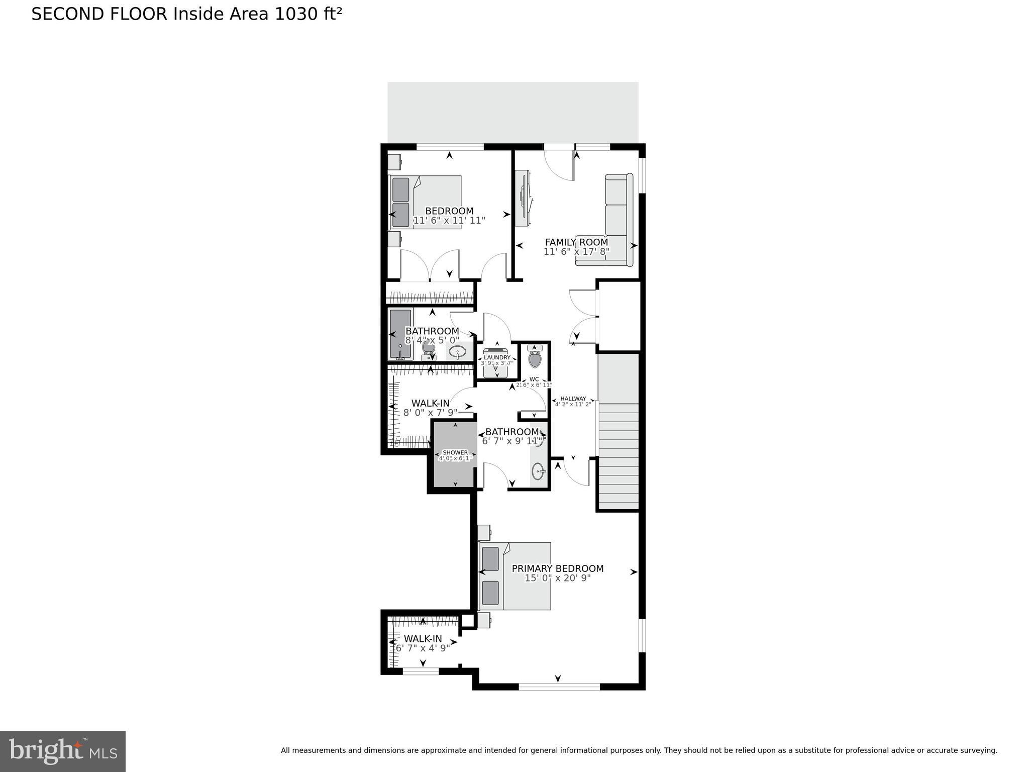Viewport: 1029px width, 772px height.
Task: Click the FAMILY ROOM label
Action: pyautogui.click(x=576, y=242)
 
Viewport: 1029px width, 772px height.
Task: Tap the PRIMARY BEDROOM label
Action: pyautogui.click(x=557, y=568)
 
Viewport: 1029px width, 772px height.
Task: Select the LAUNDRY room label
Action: pyautogui.click(x=497, y=357)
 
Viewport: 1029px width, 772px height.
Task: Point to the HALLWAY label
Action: pyautogui.click(x=573, y=399)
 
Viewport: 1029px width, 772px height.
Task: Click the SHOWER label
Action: pyautogui.click(x=455, y=452)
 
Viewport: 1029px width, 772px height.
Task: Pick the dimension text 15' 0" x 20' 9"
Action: pyautogui.click(x=557, y=578)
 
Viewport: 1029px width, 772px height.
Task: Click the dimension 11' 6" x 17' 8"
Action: pyautogui.click(x=576, y=251)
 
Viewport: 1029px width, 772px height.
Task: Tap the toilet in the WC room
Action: pyautogui.click(x=535, y=358)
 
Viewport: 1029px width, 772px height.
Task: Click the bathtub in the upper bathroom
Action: pyautogui.click(x=400, y=334)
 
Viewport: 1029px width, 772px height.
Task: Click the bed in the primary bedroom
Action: pyautogui.click(x=515, y=576)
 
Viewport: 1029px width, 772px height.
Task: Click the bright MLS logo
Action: pyautogui.click(x=63, y=751)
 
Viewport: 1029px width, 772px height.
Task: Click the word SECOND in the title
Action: pyautogui.click(x=68, y=14)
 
